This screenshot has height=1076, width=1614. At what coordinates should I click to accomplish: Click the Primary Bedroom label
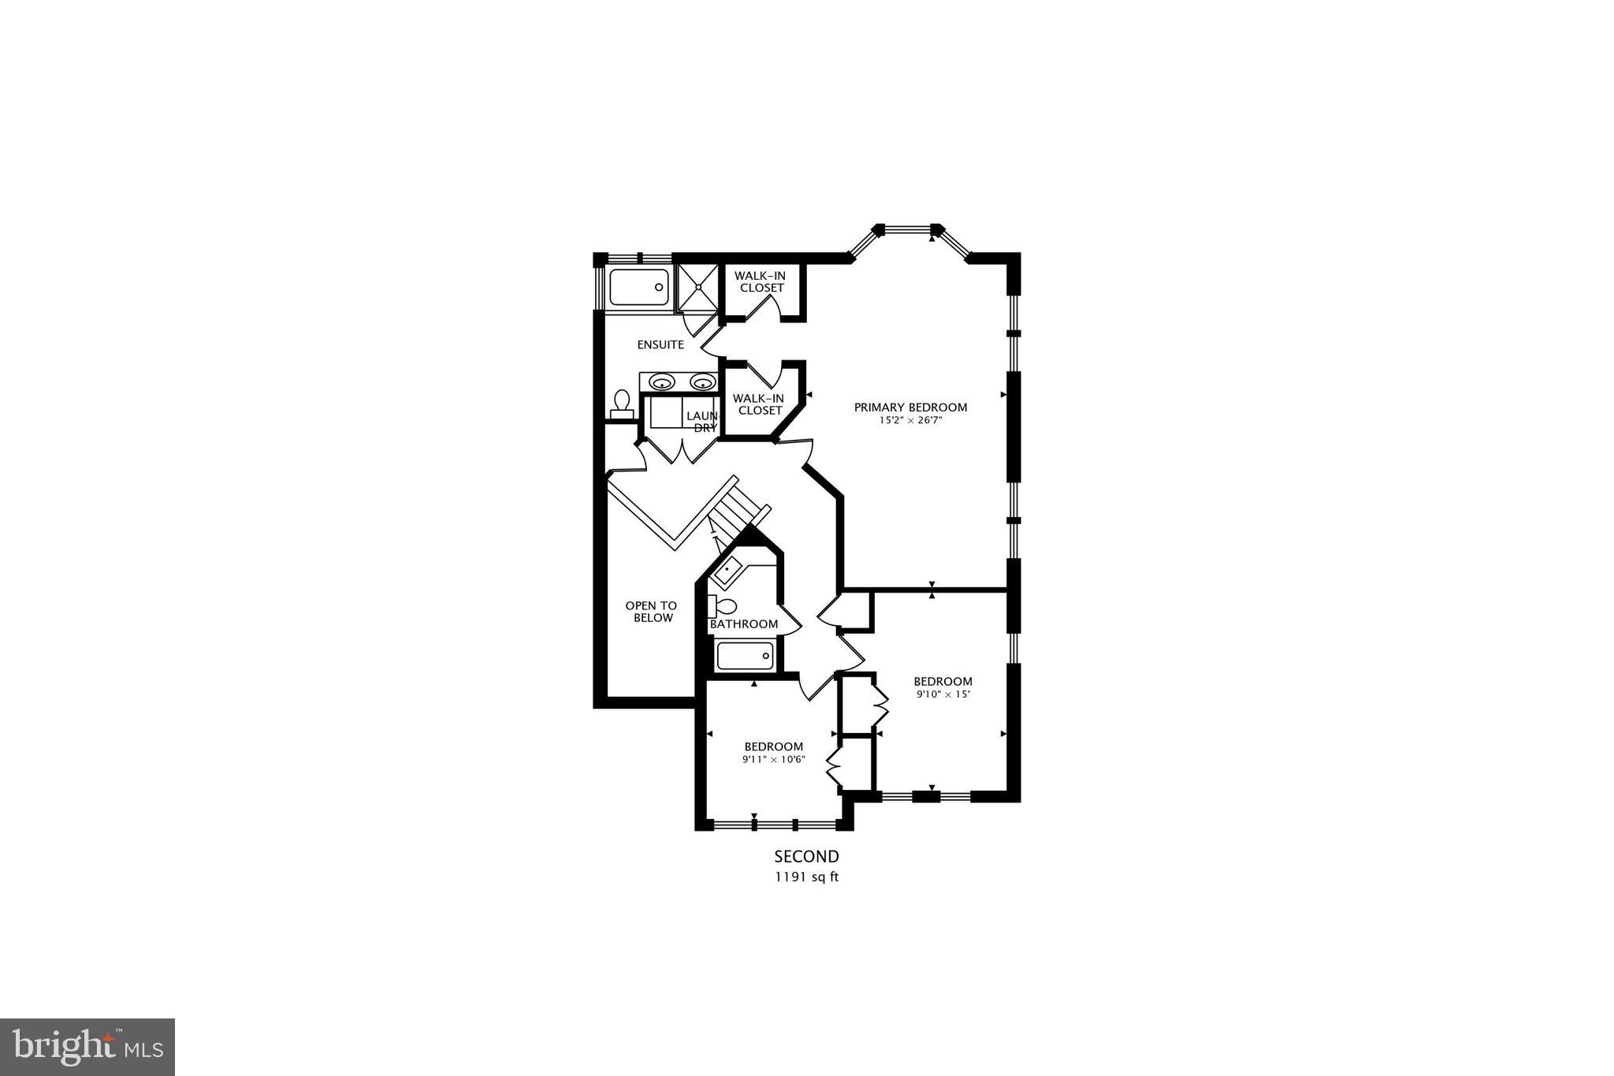(910, 408)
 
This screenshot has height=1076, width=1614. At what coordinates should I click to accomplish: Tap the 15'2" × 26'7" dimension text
(910, 421)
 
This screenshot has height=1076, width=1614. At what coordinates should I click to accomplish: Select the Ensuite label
(660, 344)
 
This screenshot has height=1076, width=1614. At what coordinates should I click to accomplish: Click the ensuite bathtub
(639, 288)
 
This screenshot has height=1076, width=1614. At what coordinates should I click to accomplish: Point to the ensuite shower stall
(697, 288)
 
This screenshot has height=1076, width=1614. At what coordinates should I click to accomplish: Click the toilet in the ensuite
(622, 404)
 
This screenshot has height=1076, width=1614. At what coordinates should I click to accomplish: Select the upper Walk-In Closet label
(762, 281)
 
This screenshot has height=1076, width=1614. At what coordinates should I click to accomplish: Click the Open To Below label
(652, 612)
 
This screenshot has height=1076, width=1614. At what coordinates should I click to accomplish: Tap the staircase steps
(737, 508)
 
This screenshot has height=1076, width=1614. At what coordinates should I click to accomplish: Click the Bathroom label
(744, 624)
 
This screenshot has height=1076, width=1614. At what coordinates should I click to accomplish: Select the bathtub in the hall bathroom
(745, 656)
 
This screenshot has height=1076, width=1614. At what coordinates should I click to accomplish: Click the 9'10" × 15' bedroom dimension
(943, 694)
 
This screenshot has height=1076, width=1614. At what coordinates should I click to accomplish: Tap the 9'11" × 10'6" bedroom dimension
(773, 760)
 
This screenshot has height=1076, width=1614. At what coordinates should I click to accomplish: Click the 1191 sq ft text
(806, 877)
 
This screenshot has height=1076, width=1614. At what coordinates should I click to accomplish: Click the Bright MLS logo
(87, 1047)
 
